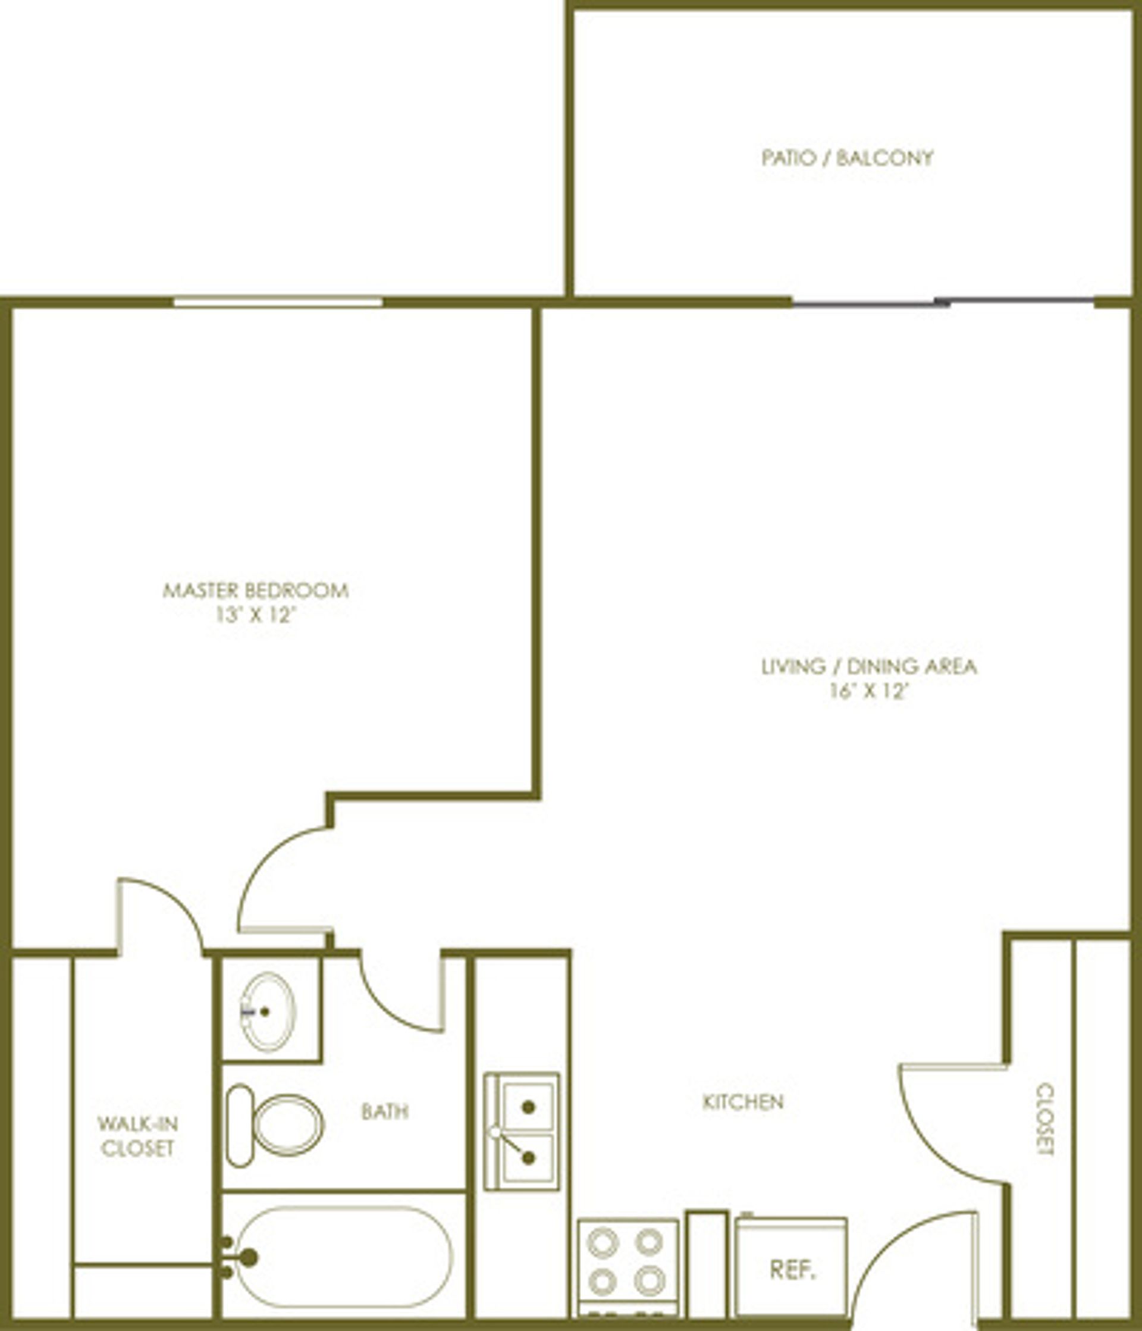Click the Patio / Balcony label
click(847, 158)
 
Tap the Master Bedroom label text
click(256, 590)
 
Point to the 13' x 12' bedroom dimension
click(255, 615)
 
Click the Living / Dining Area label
click(869, 667)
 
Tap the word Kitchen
click(743, 1103)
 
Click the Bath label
click(385, 1112)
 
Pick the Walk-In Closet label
click(137, 1136)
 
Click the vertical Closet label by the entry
click(1046, 1120)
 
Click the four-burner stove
click(628, 1267)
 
